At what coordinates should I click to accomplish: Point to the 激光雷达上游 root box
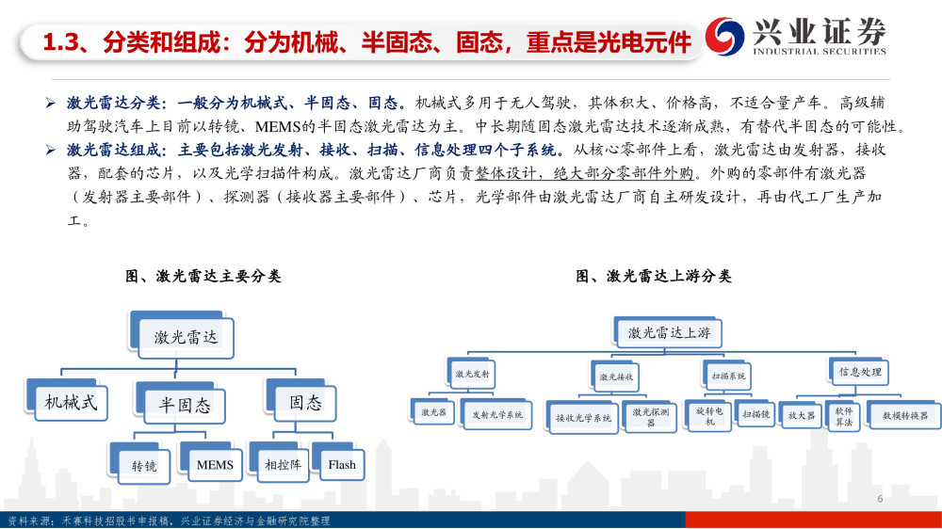[x=669, y=332]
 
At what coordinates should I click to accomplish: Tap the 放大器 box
[x=802, y=415]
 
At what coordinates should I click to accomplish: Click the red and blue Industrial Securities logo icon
[x=724, y=36]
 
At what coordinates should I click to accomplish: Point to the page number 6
[x=880, y=498]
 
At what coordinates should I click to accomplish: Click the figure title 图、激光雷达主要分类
[x=203, y=276]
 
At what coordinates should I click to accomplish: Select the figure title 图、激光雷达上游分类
[x=654, y=276]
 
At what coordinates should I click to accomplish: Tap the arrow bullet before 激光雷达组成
[x=51, y=150]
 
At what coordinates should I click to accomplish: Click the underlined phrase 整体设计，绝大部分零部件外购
[x=584, y=173]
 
